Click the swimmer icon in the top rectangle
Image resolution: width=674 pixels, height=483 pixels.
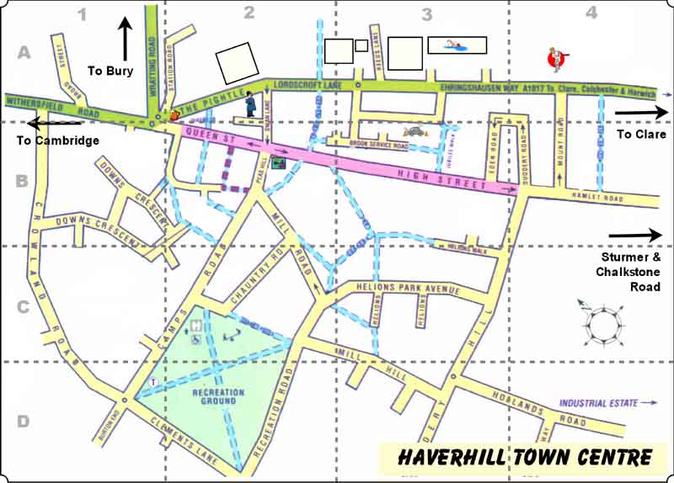click(x=457, y=45)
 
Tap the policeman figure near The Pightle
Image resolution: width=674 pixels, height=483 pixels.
click(x=250, y=104)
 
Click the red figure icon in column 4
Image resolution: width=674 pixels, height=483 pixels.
click(x=555, y=58)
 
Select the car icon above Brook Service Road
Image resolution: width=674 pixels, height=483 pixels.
click(x=415, y=131)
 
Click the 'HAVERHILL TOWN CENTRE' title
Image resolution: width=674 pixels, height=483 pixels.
click(x=525, y=457)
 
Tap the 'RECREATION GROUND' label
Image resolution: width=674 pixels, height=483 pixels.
click(x=218, y=397)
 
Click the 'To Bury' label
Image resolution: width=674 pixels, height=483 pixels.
click(x=110, y=71)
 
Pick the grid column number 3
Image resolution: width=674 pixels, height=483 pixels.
click(x=426, y=13)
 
